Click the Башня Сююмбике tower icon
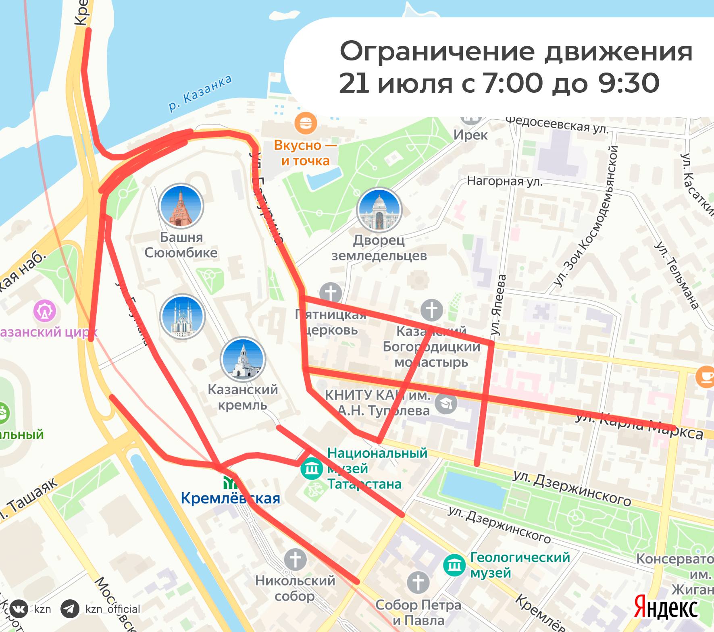tap(181, 206)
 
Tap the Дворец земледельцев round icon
tap(379, 210)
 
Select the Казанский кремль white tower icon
tap(243, 359)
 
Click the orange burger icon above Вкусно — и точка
tap(306, 123)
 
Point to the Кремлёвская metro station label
tap(230, 499)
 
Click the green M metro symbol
tap(231, 482)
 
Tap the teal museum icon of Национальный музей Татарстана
tap(312, 469)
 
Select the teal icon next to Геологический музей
tap(455, 565)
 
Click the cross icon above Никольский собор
tap(295, 559)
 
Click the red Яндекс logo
tap(666, 607)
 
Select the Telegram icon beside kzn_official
tap(70, 609)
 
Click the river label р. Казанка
tap(200, 93)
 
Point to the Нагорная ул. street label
tap(504, 181)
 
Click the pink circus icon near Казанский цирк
tap(45, 311)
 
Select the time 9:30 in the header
tap(628, 83)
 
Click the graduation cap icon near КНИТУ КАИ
tap(446, 403)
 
